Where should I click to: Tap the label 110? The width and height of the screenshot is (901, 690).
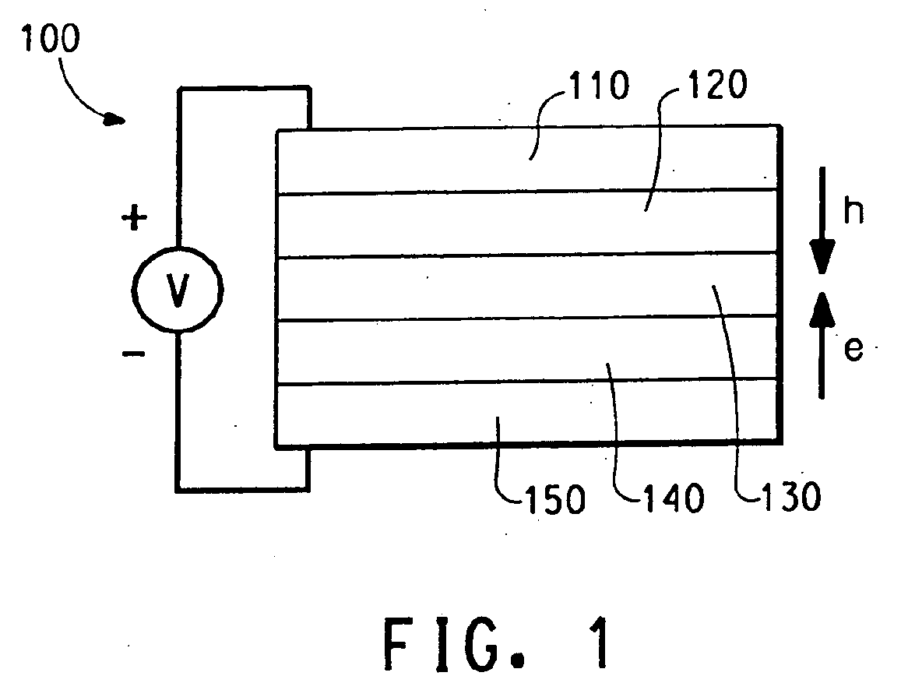(x=597, y=87)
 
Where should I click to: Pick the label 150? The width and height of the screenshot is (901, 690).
(x=554, y=498)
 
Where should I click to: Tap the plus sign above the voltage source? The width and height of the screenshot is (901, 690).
(x=135, y=220)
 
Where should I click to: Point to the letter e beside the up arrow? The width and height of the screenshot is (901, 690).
(x=854, y=350)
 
